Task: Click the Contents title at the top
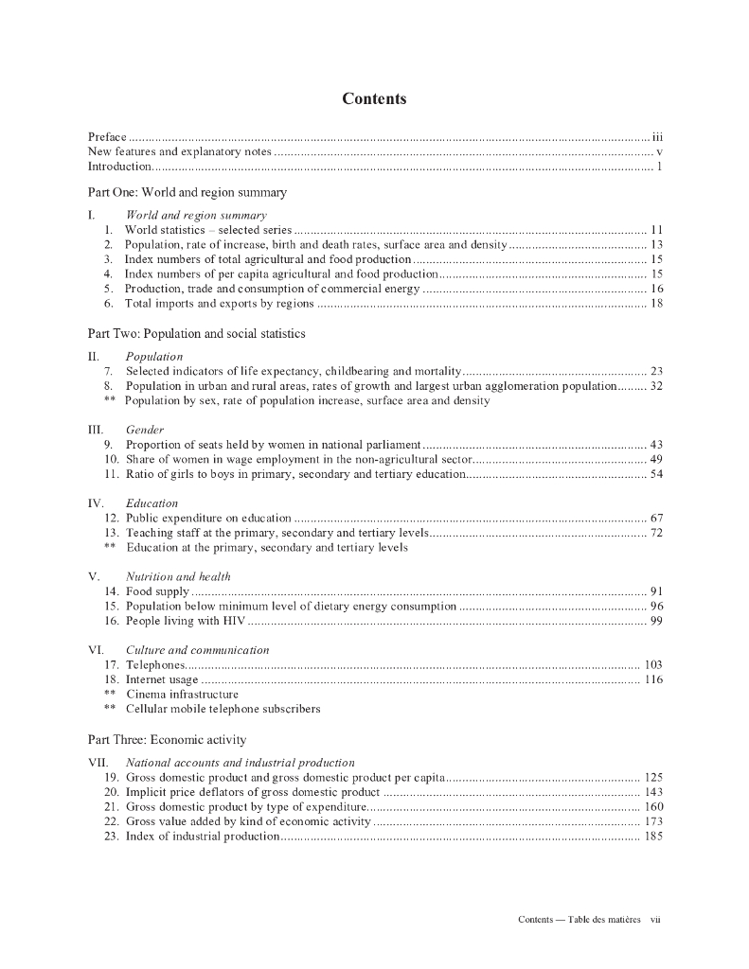374,99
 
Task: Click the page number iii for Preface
657,138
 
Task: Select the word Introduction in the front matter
119,167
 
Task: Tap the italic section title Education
152,503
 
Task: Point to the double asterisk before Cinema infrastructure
110,694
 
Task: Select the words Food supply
157,591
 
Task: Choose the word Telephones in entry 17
155,665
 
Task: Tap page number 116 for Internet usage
653,679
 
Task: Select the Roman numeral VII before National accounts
98,762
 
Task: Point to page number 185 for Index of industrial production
653,837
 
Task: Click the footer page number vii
654,920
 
